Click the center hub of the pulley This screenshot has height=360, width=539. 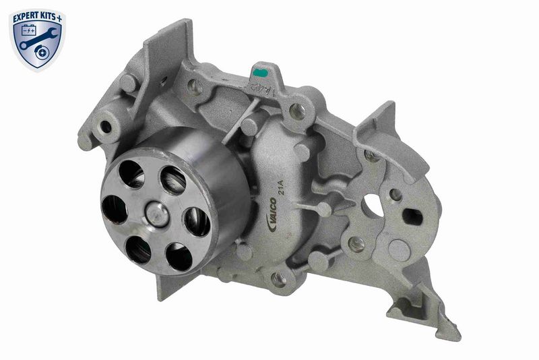tap(158, 214)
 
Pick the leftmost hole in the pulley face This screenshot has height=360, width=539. tap(115, 210)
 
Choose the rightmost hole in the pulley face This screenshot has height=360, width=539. tap(197, 222)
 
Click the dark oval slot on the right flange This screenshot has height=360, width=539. tap(412, 217)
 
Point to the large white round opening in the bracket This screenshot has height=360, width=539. tap(373, 206)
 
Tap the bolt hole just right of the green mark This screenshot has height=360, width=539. tap(296, 111)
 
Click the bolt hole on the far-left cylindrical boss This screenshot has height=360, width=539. tap(106, 126)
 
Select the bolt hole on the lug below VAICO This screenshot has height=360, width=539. tap(278, 277)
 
